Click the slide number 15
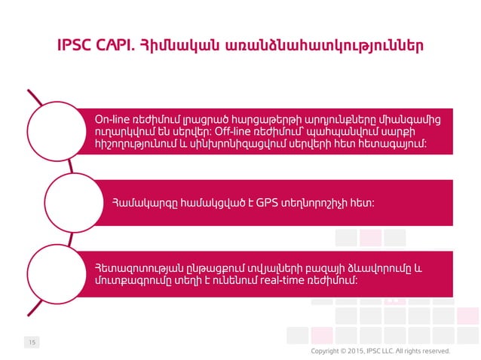click(x=32, y=343)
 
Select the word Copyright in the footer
click(x=327, y=351)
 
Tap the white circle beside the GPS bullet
click(x=72, y=202)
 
